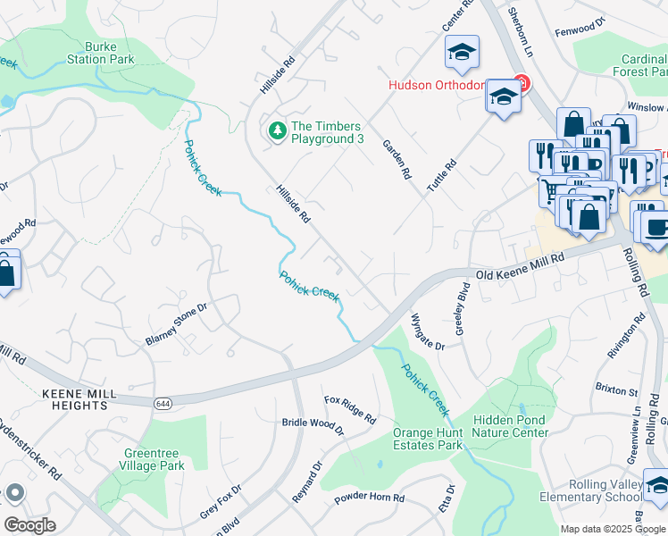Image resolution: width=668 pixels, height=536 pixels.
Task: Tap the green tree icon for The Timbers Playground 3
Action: [278, 131]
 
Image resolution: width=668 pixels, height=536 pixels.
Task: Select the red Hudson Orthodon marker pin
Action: [522, 86]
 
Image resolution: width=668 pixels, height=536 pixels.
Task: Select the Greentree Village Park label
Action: [154, 459]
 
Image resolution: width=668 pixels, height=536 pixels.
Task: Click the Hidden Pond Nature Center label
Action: [511, 426]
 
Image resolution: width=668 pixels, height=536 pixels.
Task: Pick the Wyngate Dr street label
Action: [427, 331]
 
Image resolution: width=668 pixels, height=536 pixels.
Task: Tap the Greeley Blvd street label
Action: [463, 308]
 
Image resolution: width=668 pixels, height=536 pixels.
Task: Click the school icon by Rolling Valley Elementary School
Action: [656, 488]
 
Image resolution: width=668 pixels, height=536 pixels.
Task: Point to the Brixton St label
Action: [616, 390]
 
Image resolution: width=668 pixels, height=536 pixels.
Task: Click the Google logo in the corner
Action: [29, 525]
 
